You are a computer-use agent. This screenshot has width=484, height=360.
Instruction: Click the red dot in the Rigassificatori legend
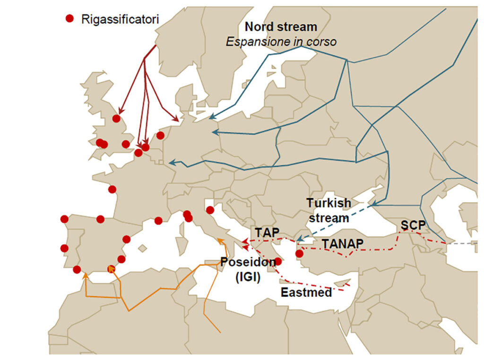tap(69, 18)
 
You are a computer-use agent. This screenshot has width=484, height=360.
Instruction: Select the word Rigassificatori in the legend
tap(120, 19)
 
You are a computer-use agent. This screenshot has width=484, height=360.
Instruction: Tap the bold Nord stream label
tap(281, 27)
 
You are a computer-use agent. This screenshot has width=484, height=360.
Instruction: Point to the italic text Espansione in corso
tap(281, 42)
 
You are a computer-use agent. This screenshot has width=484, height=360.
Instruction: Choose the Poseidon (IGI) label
tap(248, 269)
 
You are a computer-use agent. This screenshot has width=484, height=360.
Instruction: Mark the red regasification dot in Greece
tap(278, 261)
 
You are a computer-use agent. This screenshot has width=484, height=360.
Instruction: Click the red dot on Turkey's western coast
tap(299, 254)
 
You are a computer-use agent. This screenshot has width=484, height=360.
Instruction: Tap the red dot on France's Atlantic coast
tap(112, 189)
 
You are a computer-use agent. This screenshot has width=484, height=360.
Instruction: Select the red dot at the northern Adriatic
tap(210, 210)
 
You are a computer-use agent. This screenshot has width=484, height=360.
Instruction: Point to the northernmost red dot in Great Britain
tap(116, 119)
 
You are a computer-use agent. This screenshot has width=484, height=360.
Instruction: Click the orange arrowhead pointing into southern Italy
tap(219, 241)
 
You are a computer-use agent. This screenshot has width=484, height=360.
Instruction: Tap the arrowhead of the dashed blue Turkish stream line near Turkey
tap(300, 240)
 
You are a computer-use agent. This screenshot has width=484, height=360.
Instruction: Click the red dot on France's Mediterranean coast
tap(158, 221)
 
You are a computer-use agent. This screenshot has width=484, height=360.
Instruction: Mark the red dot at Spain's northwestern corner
tap(64, 219)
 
